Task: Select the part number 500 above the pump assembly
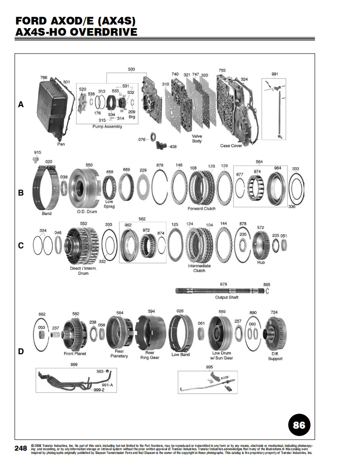[x=131, y=69]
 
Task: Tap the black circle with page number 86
[x=299, y=425]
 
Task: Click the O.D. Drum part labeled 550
[x=83, y=189]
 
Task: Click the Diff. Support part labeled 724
[x=275, y=334]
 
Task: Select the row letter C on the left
[x=21, y=245]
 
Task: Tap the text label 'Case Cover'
[x=231, y=146]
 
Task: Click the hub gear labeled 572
[x=261, y=245]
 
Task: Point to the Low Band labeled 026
[x=180, y=332]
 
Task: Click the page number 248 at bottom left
[x=21, y=448]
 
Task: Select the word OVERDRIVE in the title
[x=104, y=32]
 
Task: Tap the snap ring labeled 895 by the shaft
[x=267, y=291]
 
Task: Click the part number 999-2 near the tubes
[x=99, y=390]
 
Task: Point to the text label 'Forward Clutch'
[x=202, y=208]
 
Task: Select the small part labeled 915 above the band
[x=36, y=159]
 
